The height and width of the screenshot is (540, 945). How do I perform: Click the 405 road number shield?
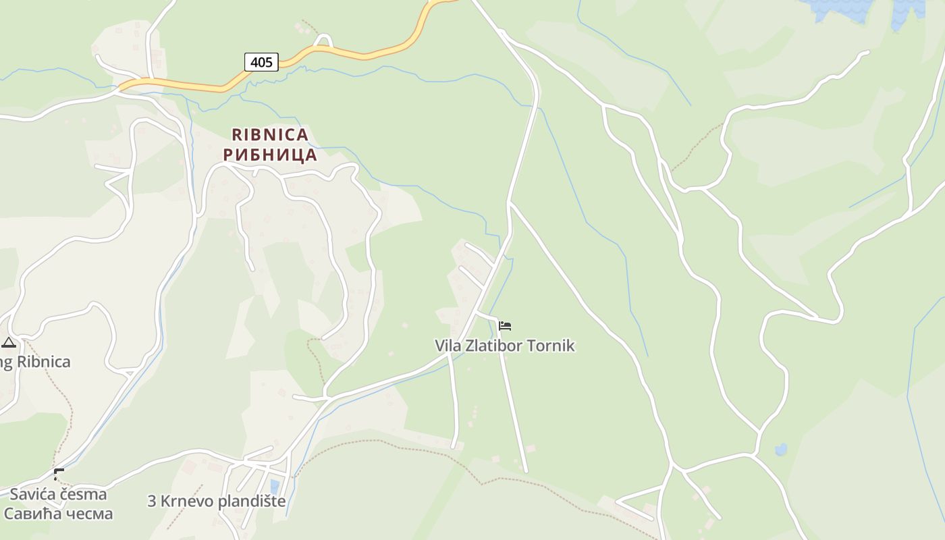pyautogui.click(x=261, y=62)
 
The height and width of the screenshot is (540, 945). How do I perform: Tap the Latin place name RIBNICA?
pyautogui.click(x=270, y=135)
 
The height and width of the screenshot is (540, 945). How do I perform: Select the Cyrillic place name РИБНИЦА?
pyautogui.click(x=270, y=155)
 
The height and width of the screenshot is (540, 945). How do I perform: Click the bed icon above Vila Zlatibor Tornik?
pyautogui.click(x=505, y=326)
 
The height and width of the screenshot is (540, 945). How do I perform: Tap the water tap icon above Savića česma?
pyautogui.click(x=59, y=474)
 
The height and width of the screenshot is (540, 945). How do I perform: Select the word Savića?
pyautogui.click(x=32, y=494)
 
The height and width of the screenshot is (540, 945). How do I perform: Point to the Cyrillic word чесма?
pyautogui.click(x=87, y=514)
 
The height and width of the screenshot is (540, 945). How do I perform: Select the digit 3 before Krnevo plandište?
pyautogui.click(x=152, y=502)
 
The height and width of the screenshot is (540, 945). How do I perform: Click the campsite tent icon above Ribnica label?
pyautogui.click(x=8, y=342)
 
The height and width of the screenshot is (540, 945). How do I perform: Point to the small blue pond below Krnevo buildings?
pyautogui.click(x=274, y=487)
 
